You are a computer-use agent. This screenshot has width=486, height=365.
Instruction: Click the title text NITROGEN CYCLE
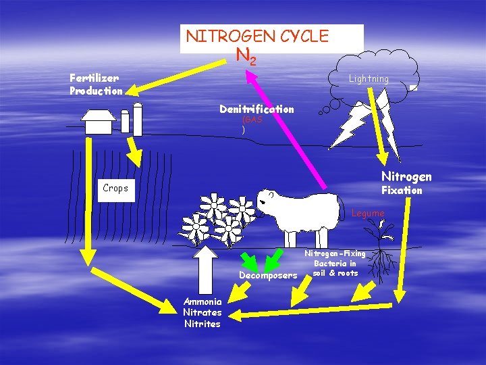coord(257,35)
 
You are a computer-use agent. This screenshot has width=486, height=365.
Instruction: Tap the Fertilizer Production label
coord(95,84)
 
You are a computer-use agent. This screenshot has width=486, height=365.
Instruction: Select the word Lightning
coord(369,79)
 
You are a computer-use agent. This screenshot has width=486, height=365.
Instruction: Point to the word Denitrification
coord(256,109)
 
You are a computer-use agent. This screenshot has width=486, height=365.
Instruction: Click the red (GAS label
coord(252,120)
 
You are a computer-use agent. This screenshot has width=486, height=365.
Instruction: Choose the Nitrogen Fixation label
coord(406,183)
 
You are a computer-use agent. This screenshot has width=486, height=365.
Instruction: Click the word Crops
coord(115,188)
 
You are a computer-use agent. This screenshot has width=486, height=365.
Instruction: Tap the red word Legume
coord(368,213)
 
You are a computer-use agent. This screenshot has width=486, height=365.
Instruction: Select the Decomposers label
coord(268,275)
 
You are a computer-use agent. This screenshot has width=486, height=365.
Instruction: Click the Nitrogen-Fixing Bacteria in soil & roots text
coord(335,263)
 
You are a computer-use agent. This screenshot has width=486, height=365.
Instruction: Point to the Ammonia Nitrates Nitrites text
coord(202,312)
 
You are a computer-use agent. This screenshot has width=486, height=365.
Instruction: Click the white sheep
coord(297,214)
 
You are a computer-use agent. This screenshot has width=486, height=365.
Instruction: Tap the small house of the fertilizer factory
coord(99,121)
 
